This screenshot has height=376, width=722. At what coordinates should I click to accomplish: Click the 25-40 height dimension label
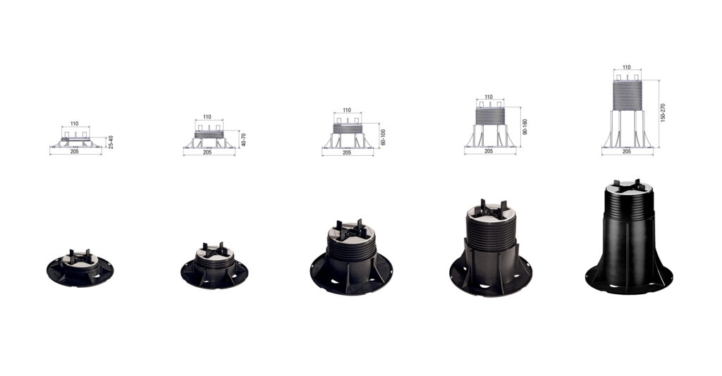111,142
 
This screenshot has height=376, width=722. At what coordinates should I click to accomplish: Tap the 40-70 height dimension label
243,140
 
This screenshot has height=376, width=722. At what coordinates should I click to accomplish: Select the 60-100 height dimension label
383,138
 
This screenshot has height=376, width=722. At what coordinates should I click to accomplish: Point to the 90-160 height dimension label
525,127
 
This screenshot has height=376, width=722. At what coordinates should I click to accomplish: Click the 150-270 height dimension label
663,113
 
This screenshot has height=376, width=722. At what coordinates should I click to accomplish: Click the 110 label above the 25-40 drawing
75,123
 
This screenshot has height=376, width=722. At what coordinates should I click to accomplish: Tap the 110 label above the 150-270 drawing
627,67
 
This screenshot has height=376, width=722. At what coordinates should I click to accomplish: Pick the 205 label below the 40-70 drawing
207,152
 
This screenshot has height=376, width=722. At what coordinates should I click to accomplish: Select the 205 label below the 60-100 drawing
347,152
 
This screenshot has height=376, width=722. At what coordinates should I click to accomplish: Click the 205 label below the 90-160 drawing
489,151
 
